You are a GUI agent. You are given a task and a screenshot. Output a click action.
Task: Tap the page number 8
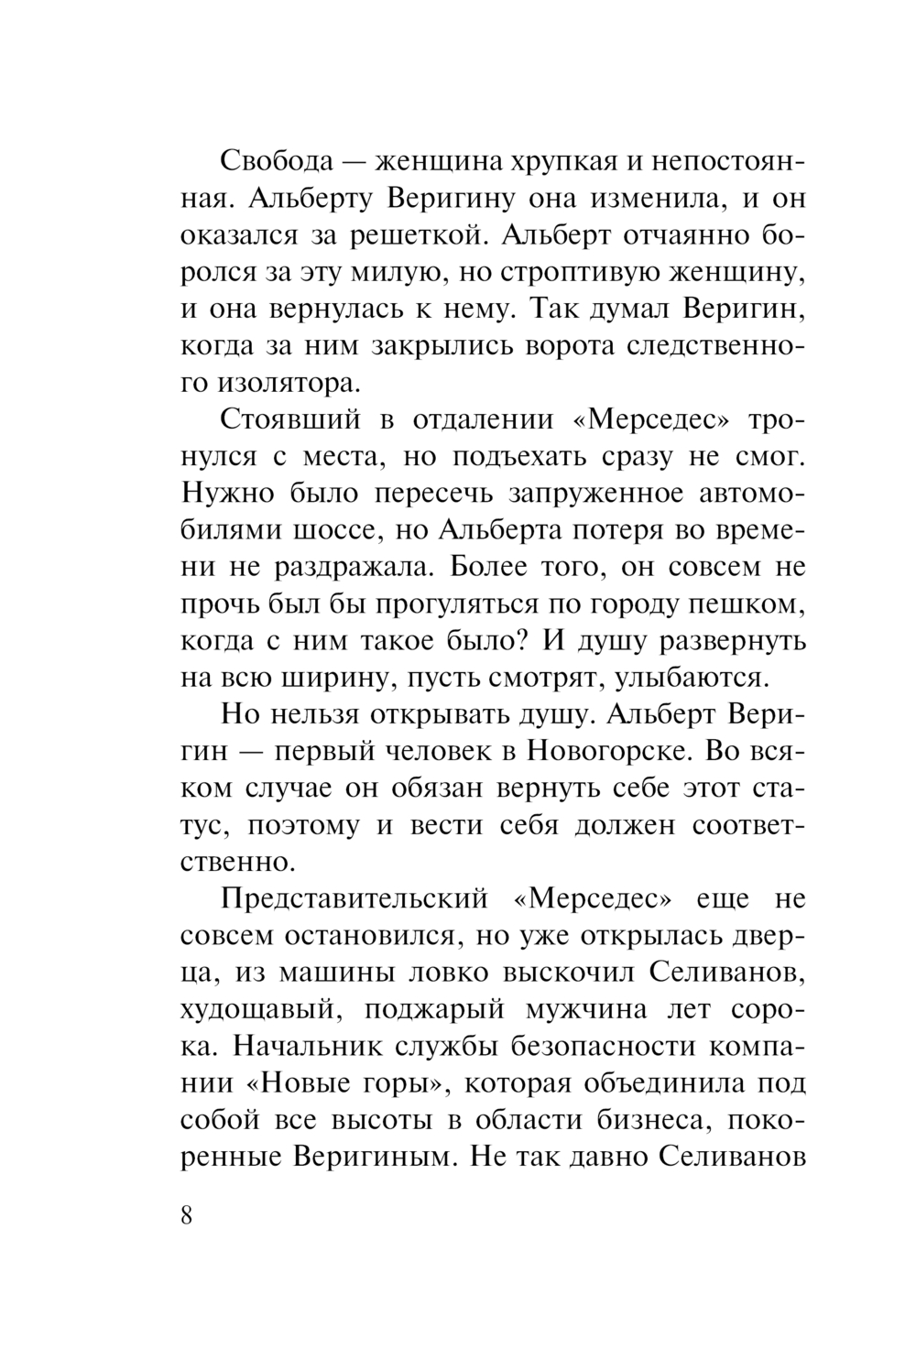pos(188,1215)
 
